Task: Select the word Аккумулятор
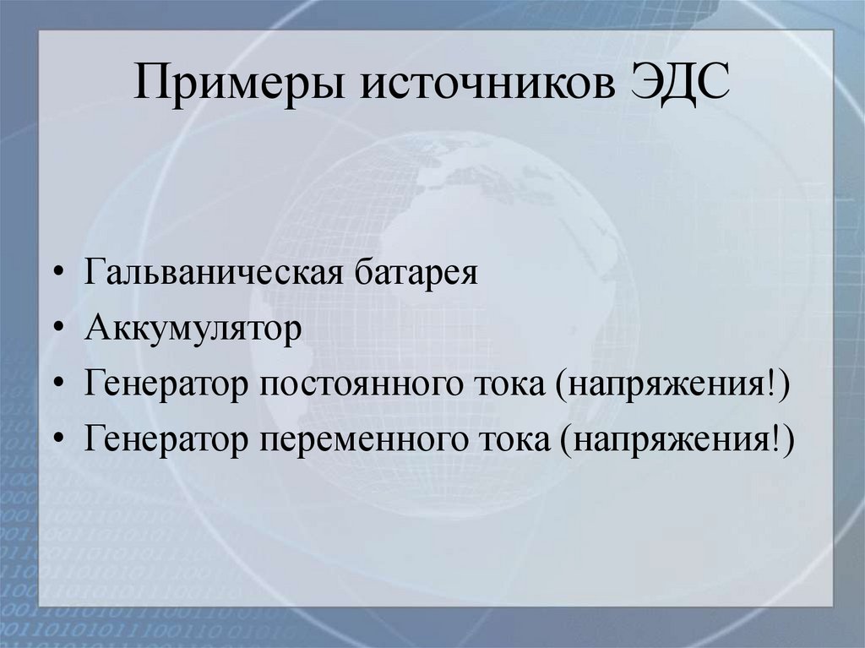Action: coord(193,329)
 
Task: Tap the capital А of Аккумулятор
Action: coord(95,329)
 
